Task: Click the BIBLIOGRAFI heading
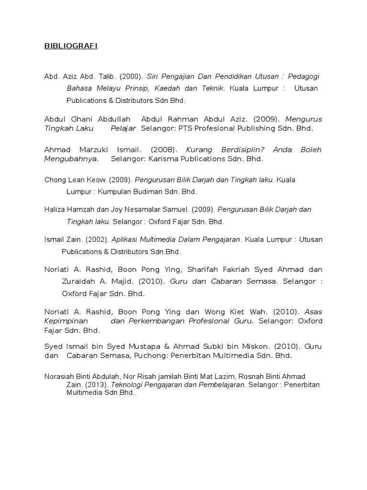pyautogui.click(x=70, y=46)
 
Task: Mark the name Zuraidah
pyautogui.click(x=80, y=281)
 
